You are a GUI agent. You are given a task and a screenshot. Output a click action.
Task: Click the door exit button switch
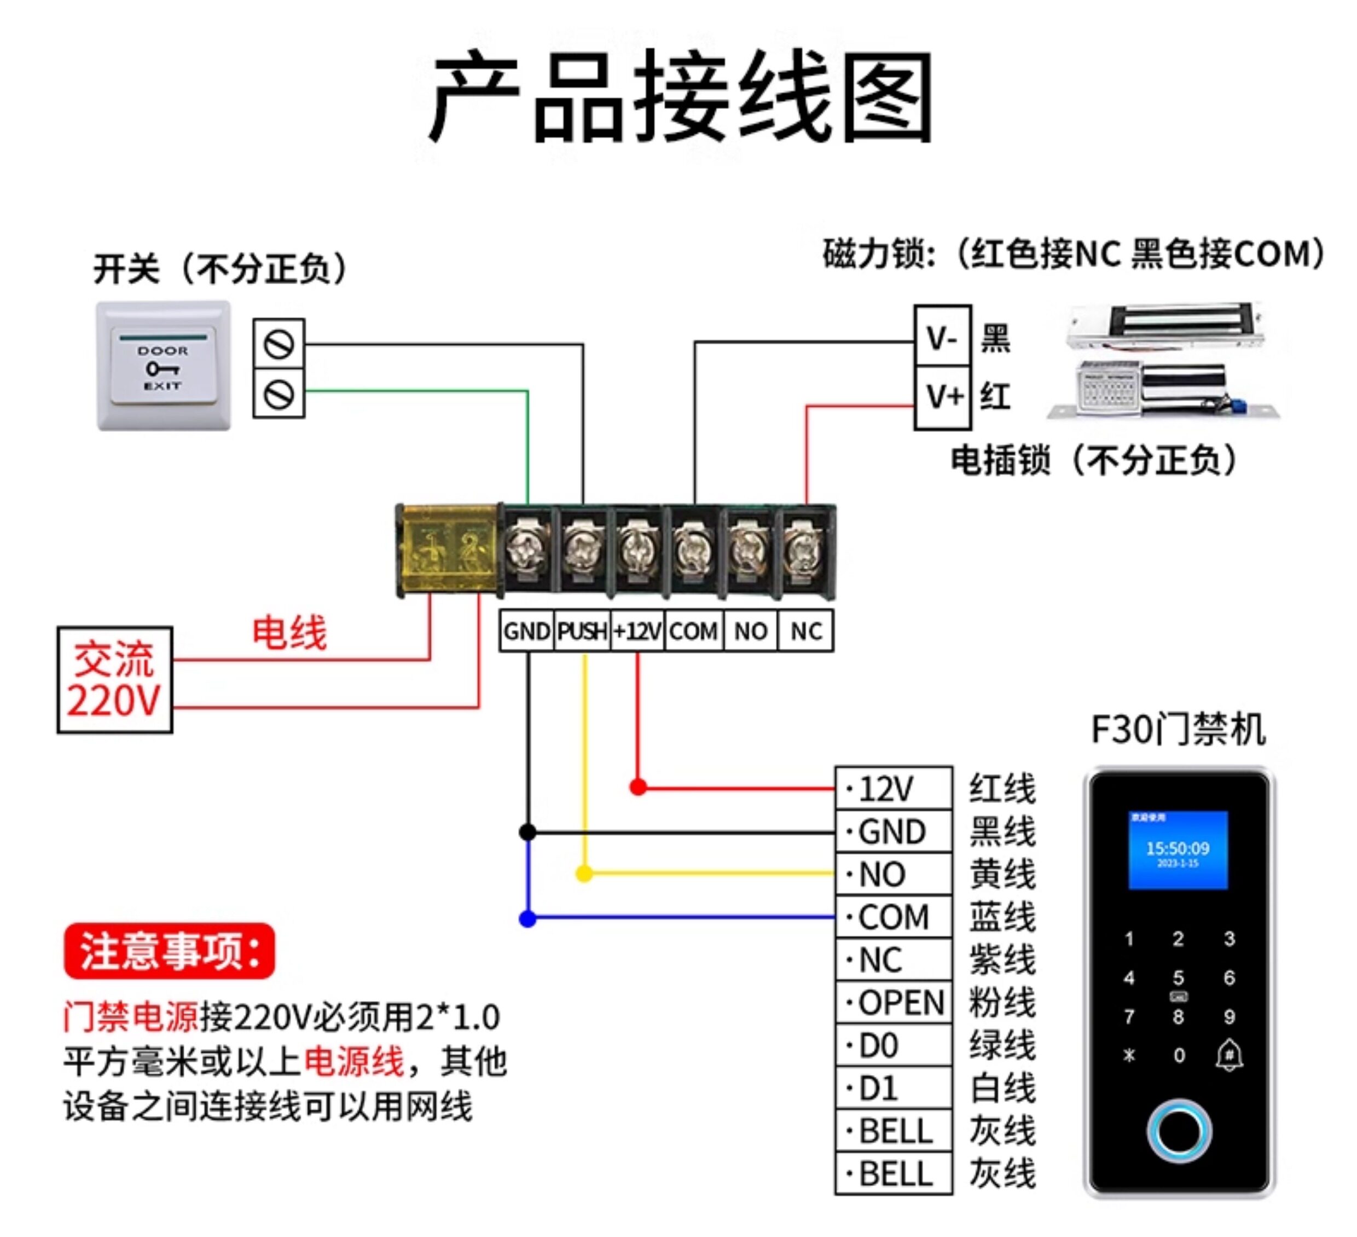pyautogui.click(x=164, y=366)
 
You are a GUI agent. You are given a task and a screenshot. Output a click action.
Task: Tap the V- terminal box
pyautogui.click(x=942, y=337)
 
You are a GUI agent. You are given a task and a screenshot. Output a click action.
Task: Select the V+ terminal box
pyautogui.click(x=942, y=397)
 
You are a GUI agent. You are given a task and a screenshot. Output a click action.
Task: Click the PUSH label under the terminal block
pyautogui.click(x=582, y=631)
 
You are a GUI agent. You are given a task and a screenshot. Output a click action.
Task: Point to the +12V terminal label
pyautogui.click(x=637, y=631)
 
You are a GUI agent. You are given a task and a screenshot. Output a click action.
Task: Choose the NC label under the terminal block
pyautogui.click(x=805, y=631)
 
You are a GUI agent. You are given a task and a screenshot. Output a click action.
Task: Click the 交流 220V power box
pyautogui.click(x=115, y=679)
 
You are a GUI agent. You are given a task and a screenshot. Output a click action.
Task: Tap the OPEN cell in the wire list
pyautogui.click(x=894, y=1003)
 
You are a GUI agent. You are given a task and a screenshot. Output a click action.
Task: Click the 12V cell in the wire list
pyautogui.click(x=894, y=789)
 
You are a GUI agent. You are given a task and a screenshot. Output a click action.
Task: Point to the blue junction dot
pyautogui.click(x=527, y=918)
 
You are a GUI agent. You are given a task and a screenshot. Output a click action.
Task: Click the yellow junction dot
pyautogui.click(x=584, y=874)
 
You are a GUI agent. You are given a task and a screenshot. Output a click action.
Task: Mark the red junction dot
pyautogui.click(x=638, y=787)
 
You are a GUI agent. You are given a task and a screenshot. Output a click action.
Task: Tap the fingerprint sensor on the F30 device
pyautogui.click(x=1179, y=1131)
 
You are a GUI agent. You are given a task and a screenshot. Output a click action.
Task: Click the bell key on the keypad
pyautogui.click(x=1229, y=1055)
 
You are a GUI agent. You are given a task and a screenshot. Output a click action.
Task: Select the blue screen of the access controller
pyautogui.click(x=1178, y=850)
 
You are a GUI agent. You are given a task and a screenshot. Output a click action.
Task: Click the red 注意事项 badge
pyautogui.click(x=170, y=951)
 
